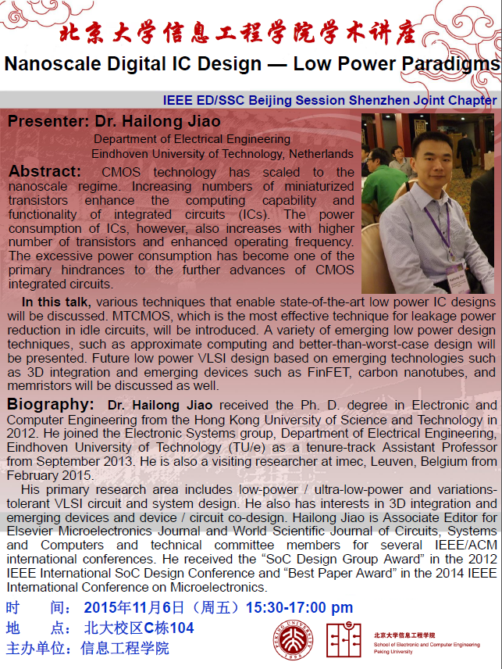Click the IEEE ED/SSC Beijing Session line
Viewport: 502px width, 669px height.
(329, 101)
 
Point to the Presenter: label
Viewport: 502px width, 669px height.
(48, 122)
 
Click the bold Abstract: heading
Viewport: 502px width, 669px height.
(45, 171)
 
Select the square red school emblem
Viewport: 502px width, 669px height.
(344, 639)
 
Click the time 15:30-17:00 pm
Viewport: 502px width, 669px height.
(299, 607)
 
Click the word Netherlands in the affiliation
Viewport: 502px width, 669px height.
(321, 153)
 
